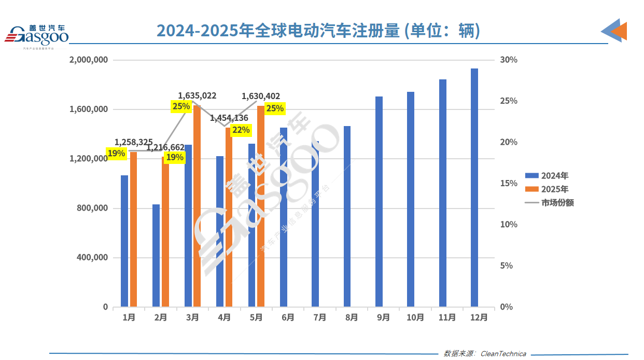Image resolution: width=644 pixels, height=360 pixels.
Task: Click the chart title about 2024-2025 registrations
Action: [x=318, y=31]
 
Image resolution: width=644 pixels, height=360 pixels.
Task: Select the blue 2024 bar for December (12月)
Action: [x=474, y=187]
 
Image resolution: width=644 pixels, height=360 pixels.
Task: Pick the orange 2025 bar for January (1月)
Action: [x=133, y=229]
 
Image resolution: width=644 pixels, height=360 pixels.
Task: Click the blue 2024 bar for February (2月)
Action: [x=156, y=255]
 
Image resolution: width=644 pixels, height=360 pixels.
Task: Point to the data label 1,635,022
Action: [x=197, y=96]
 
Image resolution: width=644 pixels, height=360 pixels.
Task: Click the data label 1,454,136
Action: [x=229, y=118]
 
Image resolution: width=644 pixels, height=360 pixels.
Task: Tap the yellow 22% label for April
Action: [x=241, y=130]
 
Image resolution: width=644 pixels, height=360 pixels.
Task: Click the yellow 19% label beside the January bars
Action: [x=116, y=153]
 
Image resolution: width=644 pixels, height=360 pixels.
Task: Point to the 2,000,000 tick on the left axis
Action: [x=88, y=60]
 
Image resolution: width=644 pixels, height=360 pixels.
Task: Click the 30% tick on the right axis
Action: [x=508, y=60]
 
